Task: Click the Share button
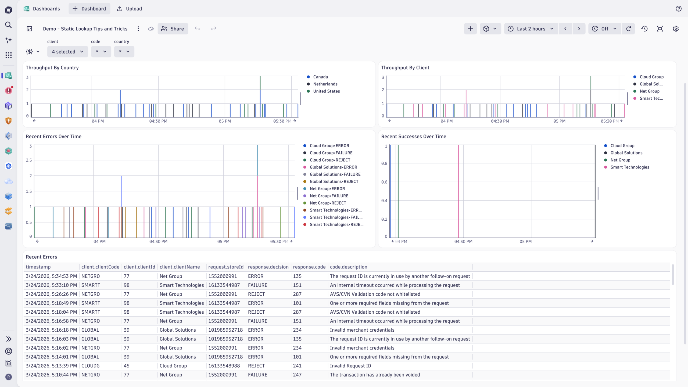tap(173, 29)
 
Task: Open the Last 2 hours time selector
tap(531, 29)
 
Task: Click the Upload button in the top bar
tap(130, 9)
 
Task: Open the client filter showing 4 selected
tap(67, 52)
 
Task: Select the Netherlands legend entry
tap(325, 84)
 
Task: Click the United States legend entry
tap(326, 91)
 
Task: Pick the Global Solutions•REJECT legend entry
tap(334, 182)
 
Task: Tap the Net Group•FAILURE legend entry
tap(329, 196)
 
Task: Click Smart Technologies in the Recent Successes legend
tap(630, 167)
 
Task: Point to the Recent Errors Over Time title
tap(53, 137)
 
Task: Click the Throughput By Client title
tap(405, 68)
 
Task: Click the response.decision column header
tap(268, 267)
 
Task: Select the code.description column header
tap(348, 267)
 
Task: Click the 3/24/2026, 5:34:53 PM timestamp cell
tap(51, 276)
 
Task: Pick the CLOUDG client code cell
tap(91, 366)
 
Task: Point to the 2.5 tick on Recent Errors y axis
tap(29, 160)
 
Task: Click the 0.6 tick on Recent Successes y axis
tap(384, 182)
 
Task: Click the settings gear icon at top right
tap(676, 29)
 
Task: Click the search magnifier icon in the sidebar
tap(9, 25)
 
